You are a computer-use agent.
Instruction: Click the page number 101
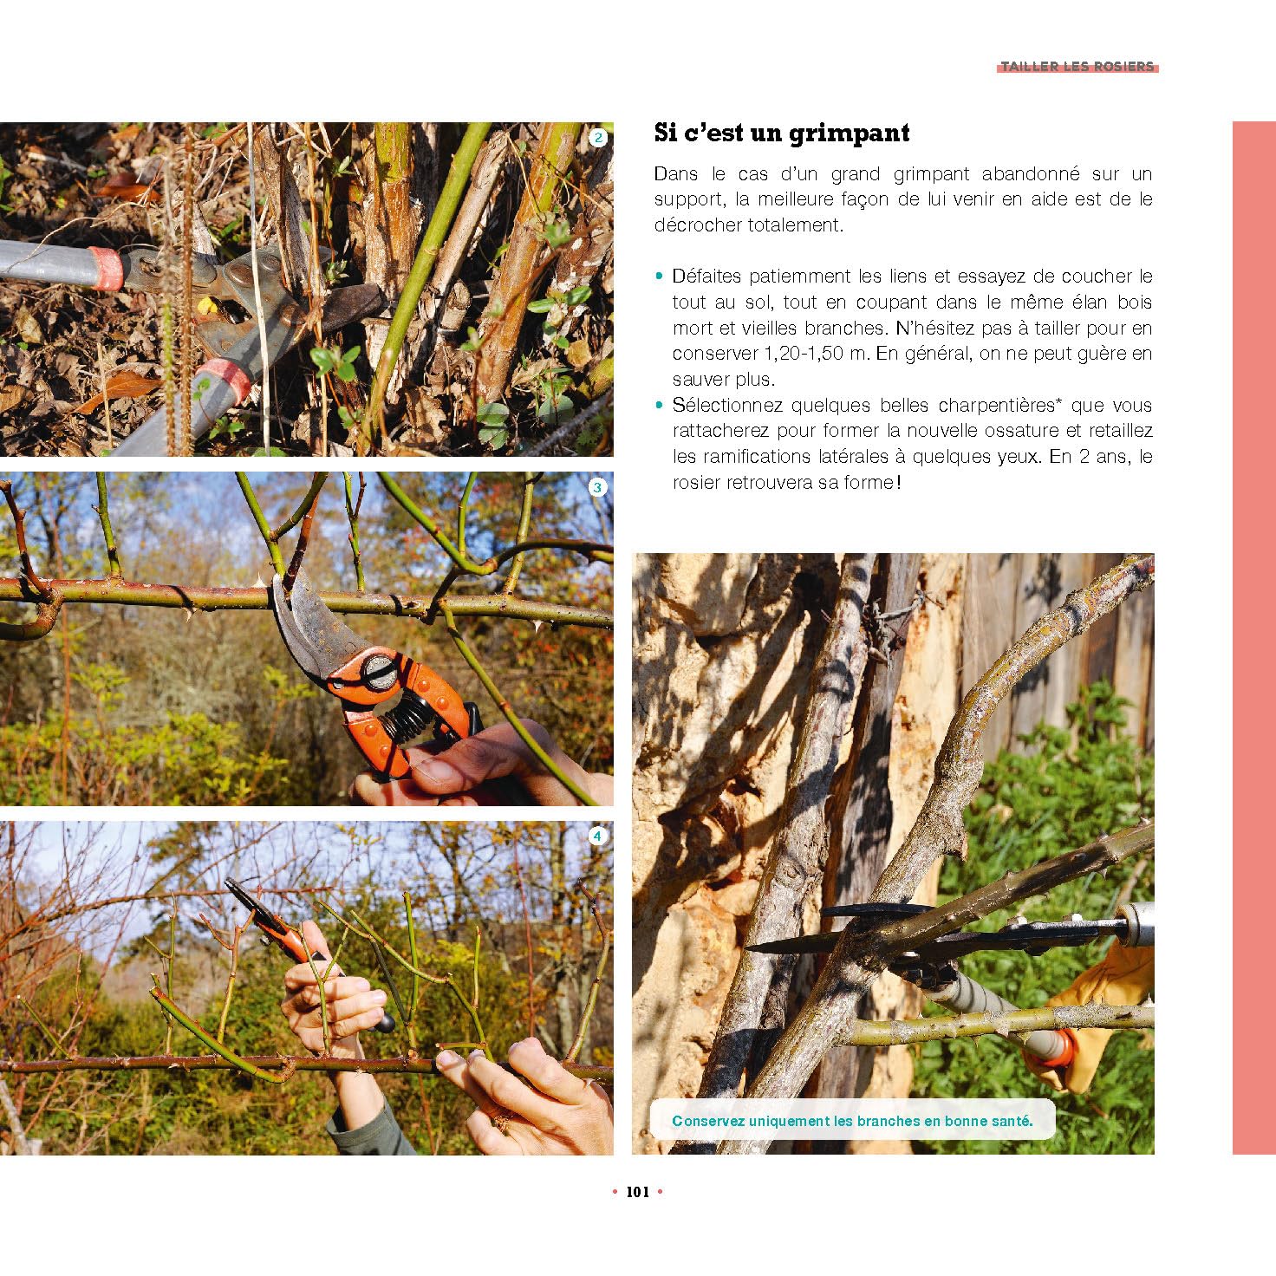(x=638, y=1193)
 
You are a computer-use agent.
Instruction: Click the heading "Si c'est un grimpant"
(x=781, y=133)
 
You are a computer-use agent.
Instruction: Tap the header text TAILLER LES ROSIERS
(x=1077, y=66)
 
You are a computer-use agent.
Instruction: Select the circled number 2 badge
(x=598, y=138)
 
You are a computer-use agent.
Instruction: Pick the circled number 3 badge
(x=598, y=488)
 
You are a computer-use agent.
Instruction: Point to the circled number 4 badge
(x=598, y=837)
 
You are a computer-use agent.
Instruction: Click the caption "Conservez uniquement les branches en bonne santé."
(x=852, y=1121)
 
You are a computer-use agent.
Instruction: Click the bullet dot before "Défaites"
(x=659, y=277)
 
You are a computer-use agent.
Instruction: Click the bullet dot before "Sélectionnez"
(x=659, y=405)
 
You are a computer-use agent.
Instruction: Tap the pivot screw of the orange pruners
(x=374, y=668)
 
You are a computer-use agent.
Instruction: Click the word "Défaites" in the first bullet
(x=706, y=277)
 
